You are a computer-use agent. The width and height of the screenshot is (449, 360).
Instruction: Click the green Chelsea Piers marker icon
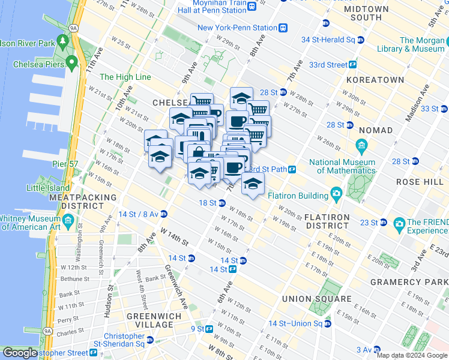tap(72, 62)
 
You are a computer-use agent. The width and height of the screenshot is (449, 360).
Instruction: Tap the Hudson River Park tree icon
tap(62, 41)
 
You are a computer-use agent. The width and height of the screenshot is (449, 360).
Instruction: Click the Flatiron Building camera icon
tap(336, 194)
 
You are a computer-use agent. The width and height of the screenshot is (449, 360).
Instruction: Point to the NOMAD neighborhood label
tap(376, 130)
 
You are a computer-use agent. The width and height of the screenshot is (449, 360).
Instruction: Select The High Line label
tap(125, 77)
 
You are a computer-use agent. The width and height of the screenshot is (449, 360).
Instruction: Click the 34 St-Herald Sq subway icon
tap(360, 40)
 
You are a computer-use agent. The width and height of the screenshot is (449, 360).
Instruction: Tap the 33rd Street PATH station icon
tap(353, 64)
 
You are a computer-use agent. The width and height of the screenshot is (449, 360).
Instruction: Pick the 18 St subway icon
tap(222, 203)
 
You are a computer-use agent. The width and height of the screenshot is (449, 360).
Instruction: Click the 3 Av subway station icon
tap(376, 350)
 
